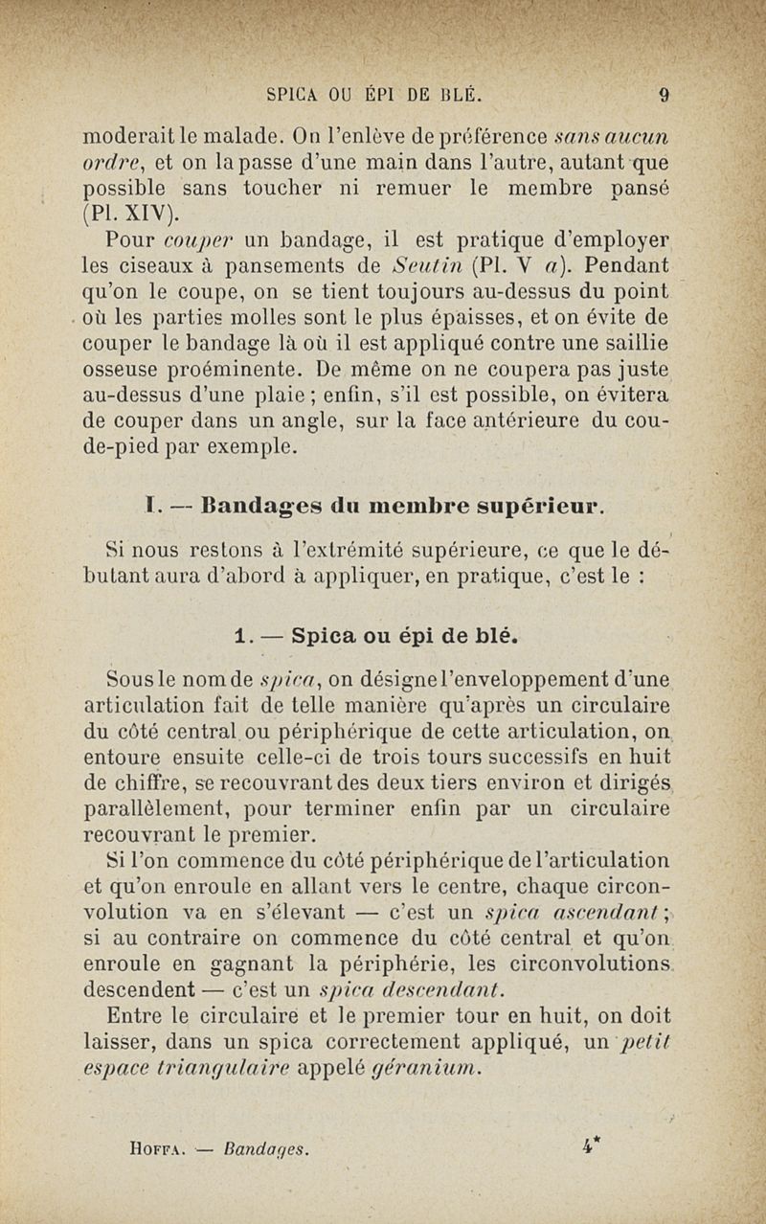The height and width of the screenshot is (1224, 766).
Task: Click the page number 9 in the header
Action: click(x=664, y=95)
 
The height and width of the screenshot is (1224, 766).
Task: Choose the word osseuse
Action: click(x=129, y=370)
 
